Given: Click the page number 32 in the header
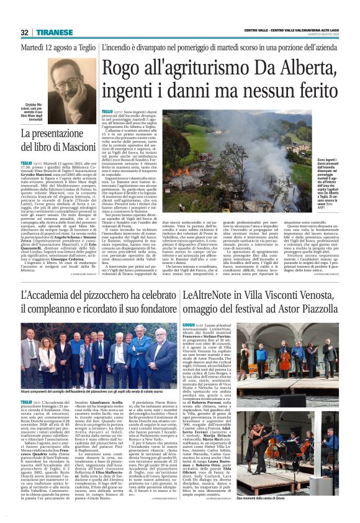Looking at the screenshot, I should pos(24,32).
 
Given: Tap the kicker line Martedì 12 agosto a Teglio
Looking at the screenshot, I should pos(58,48).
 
